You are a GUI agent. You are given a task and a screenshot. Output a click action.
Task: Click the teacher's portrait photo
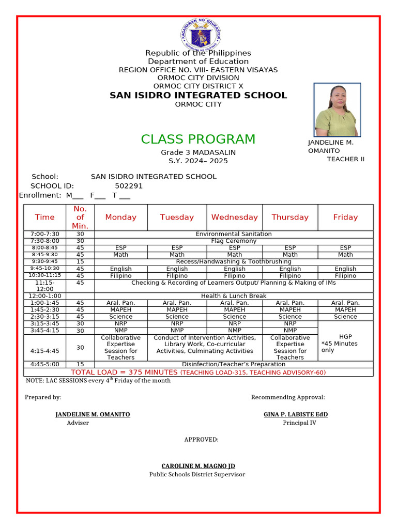[337, 110]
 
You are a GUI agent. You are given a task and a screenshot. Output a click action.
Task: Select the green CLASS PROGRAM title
[198, 139]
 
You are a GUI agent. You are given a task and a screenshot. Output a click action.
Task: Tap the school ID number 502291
[129, 186]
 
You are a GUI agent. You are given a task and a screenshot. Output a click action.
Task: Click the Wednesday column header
[234, 217]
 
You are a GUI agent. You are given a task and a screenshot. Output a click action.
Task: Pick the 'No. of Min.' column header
[80, 217]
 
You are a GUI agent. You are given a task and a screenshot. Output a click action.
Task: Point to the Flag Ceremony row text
[234, 241]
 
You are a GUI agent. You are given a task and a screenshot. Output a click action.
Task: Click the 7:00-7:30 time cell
[45, 234]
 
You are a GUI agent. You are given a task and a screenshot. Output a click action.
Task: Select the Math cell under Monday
[120, 255]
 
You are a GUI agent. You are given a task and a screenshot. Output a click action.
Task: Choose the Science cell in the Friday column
[345, 317]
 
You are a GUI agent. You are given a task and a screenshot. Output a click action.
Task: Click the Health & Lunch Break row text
[234, 296]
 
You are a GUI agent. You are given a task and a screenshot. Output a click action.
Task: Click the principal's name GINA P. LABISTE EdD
[296, 415]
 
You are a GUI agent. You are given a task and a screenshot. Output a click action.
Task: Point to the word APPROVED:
[201, 440]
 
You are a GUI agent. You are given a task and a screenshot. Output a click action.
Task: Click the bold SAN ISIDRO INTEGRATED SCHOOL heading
[198, 96]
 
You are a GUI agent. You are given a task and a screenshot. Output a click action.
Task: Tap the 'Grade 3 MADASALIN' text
[198, 152]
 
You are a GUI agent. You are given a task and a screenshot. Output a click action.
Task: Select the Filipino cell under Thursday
[290, 276]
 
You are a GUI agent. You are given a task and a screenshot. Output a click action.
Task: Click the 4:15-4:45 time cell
[45, 351]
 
